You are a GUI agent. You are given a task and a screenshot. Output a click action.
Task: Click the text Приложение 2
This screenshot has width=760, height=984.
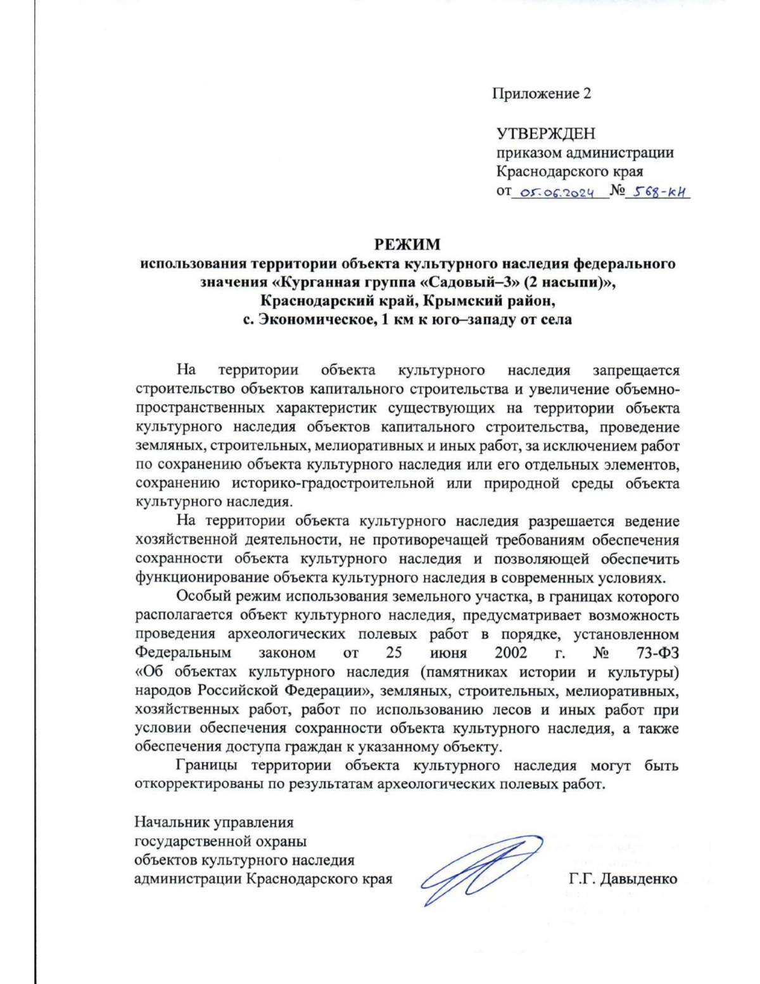(x=541, y=94)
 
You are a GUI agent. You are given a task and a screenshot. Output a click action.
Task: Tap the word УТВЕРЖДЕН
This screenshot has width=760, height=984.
(x=545, y=134)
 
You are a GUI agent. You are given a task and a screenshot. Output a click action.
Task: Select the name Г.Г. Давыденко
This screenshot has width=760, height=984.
(x=623, y=879)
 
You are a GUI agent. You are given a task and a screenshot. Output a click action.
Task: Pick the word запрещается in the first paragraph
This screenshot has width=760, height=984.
(x=635, y=370)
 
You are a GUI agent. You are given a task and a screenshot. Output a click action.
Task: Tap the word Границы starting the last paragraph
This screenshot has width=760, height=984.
(x=205, y=765)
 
